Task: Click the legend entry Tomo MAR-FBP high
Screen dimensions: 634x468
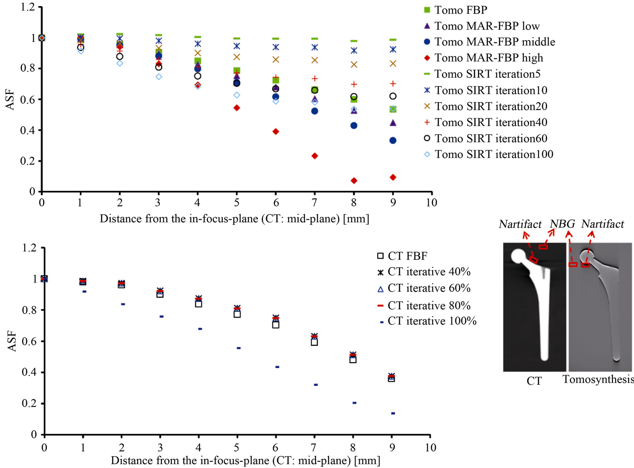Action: [484, 58]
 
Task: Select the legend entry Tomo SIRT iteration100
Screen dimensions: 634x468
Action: [488, 155]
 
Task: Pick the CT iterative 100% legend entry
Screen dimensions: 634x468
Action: [428, 321]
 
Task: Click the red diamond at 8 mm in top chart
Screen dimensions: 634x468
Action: [354, 181]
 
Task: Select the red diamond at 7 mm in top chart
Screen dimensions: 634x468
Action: [314, 156]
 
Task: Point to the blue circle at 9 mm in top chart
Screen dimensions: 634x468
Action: [393, 140]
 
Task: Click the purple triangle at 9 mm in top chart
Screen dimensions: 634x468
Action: [393, 123]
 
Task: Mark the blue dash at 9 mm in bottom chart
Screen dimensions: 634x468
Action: [393, 413]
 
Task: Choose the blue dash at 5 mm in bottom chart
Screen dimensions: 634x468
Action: [238, 348]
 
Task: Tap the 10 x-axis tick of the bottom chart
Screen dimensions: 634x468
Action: [431, 448]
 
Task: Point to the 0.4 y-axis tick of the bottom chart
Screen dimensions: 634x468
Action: [29, 372]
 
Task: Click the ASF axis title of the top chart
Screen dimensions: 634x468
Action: [10, 99]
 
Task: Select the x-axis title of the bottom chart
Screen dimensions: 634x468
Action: [245, 461]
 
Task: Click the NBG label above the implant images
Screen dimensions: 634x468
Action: [562, 224]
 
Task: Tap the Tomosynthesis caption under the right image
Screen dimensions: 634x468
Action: [598, 379]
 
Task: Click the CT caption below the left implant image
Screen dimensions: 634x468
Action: [534, 381]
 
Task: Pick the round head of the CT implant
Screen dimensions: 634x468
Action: [518, 256]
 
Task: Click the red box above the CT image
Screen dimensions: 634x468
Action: [543, 247]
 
